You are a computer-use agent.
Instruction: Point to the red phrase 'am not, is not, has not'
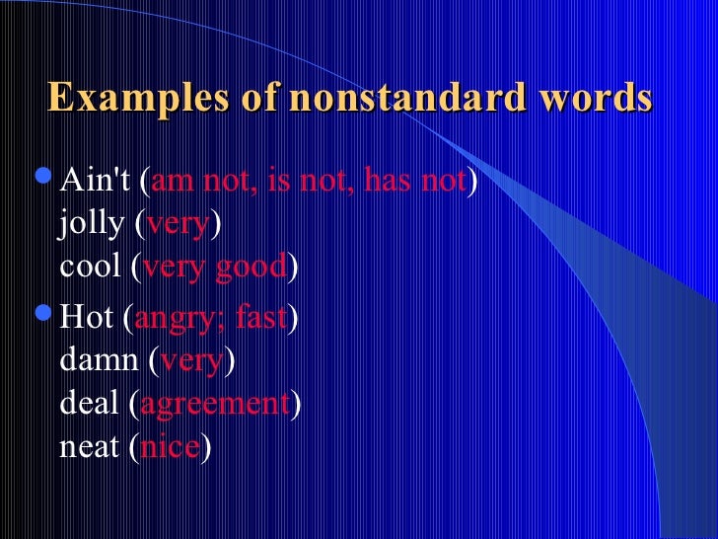click(x=309, y=182)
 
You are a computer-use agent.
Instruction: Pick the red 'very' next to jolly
click(x=179, y=224)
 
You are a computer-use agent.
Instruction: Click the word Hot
click(x=89, y=318)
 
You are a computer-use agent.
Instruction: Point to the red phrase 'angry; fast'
click(x=210, y=318)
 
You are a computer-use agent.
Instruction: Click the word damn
click(x=99, y=360)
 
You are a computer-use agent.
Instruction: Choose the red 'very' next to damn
click(x=191, y=360)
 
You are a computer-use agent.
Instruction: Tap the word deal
click(x=90, y=403)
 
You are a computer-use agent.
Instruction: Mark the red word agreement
click(x=216, y=403)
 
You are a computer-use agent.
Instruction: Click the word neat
click(x=90, y=445)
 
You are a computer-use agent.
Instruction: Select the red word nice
click(x=171, y=445)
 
